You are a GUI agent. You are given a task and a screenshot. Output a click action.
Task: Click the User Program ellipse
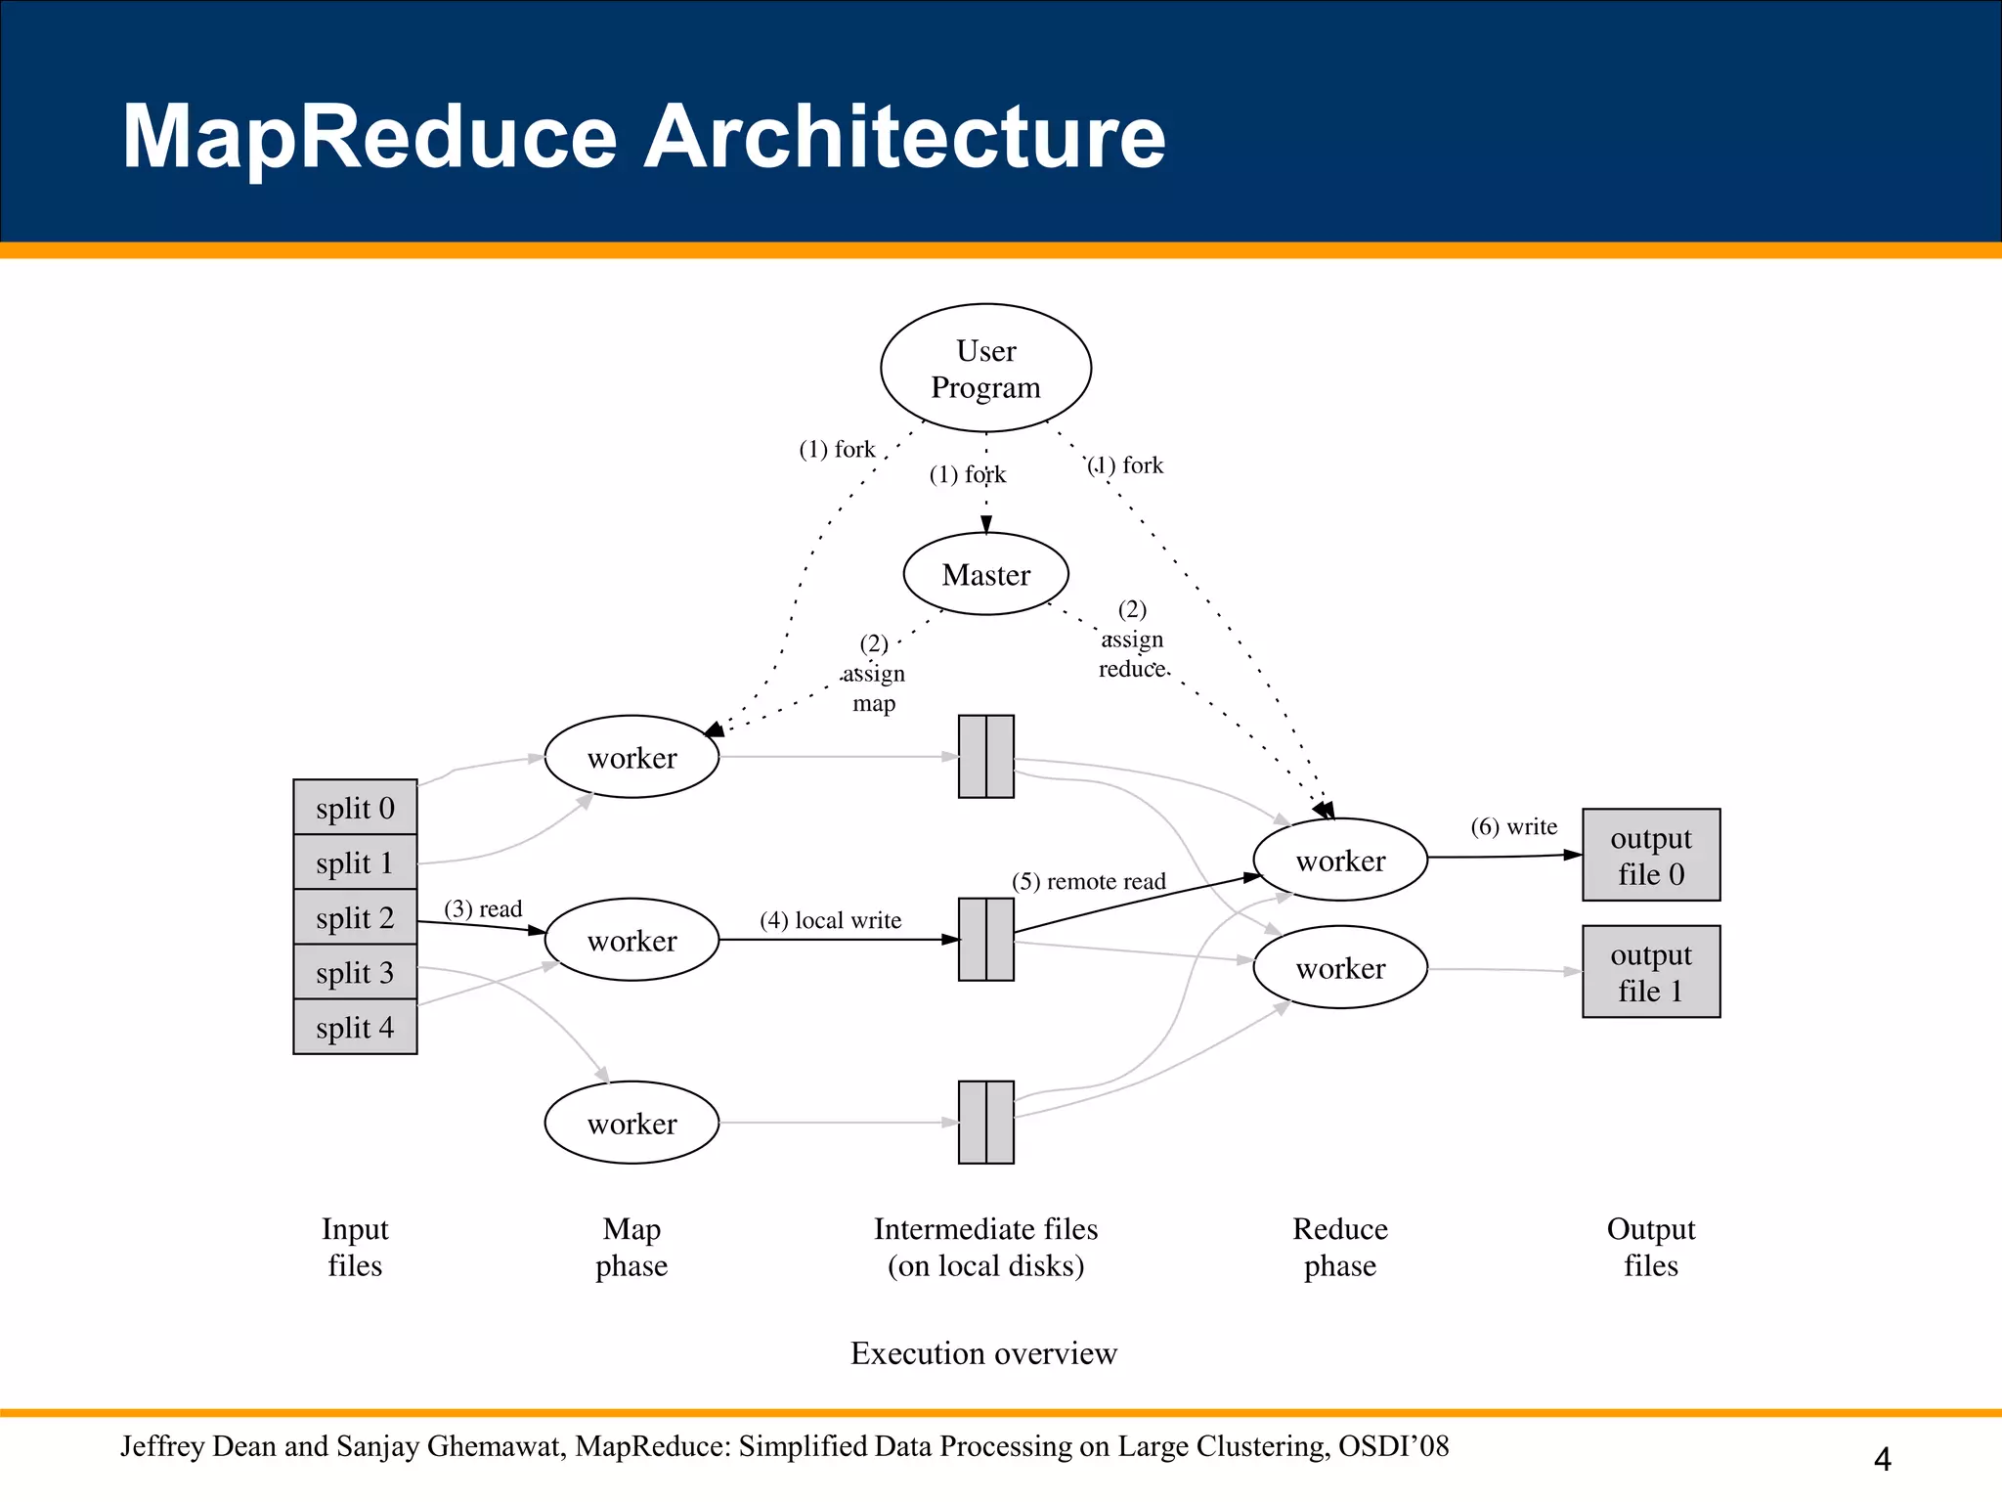point(985,368)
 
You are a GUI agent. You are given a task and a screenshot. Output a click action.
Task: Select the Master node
point(985,574)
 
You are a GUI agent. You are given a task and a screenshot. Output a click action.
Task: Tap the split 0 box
point(355,808)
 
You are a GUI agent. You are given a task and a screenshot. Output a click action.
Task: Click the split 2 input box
point(355,917)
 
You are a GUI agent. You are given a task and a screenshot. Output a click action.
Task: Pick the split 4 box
point(355,1027)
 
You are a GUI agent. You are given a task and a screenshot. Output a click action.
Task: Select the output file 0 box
point(1650,855)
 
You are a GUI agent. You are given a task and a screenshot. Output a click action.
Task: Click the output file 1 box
point(1650,971)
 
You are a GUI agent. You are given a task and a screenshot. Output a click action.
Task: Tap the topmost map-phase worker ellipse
point(631,757)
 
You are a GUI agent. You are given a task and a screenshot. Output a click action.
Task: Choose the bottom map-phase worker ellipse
point(631,1123)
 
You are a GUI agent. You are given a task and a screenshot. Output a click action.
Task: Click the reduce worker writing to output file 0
point(1340,861)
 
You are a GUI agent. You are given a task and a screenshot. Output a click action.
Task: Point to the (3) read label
point(483,908)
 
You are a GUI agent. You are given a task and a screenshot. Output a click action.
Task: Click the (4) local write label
point(830,920)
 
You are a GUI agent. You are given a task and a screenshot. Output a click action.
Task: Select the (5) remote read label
point(1088,881)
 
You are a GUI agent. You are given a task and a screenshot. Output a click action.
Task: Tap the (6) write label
point(1513,826)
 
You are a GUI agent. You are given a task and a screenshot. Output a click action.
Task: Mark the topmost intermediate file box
point(985,757)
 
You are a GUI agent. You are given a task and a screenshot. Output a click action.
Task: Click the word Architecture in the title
point(903,136)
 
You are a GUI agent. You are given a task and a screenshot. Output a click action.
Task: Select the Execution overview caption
point(983,1352)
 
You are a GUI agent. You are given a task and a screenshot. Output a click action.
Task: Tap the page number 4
point(1882,1459)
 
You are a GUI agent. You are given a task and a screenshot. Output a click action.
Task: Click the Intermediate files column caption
point(985,1247)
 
